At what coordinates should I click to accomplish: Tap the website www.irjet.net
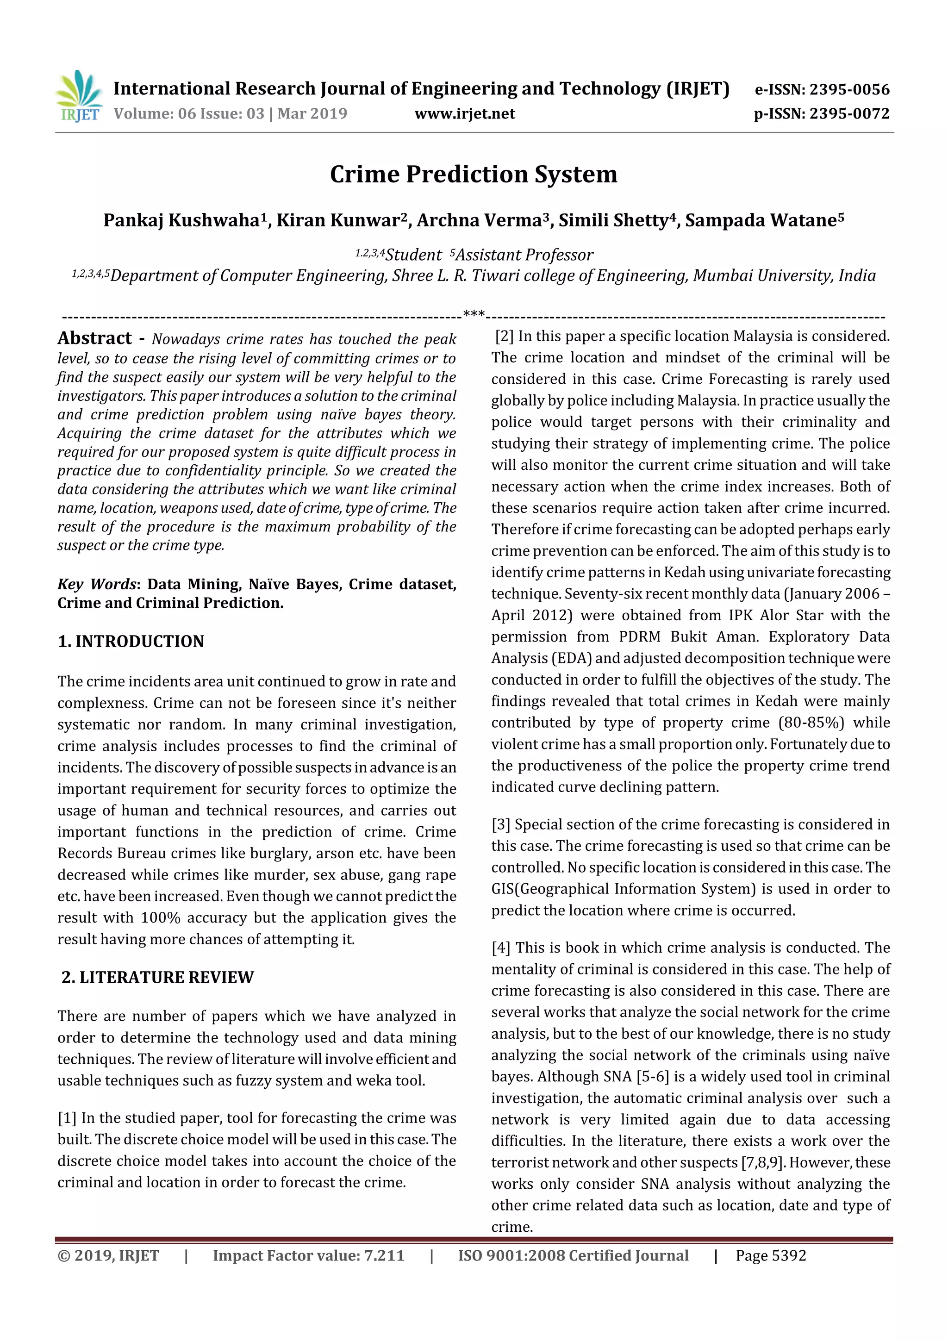465,113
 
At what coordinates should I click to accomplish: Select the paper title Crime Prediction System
473,174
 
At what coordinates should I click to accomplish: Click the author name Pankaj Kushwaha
181,220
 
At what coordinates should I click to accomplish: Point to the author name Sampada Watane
761,220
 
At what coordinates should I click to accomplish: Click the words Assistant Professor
524,255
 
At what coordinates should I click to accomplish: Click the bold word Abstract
94,338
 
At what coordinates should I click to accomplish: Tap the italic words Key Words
96,584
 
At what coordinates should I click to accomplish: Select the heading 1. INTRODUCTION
131,641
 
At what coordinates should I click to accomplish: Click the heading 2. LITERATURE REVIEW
158,977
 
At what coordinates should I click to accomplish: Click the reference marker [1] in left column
67,1118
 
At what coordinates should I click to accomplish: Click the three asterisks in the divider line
474,315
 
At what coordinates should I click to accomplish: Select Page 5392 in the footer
771,1255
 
